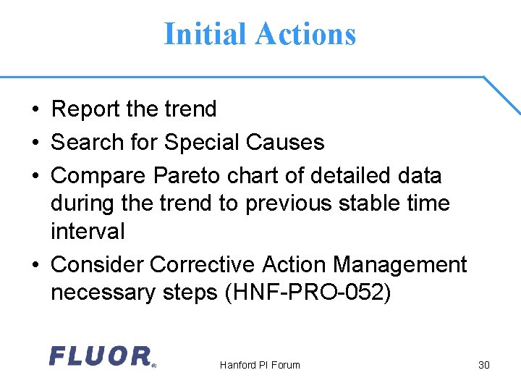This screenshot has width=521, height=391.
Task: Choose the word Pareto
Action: [x=185, y=176]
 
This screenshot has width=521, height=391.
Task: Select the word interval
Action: [x=88, y=232]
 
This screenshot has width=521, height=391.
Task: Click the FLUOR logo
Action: [x=101, y=356]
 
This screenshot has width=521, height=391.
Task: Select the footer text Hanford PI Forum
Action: [x=260, y=365]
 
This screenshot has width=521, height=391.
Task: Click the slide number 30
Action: [x=484, y=365]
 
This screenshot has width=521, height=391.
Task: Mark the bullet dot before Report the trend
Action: [x=35, y=110]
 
